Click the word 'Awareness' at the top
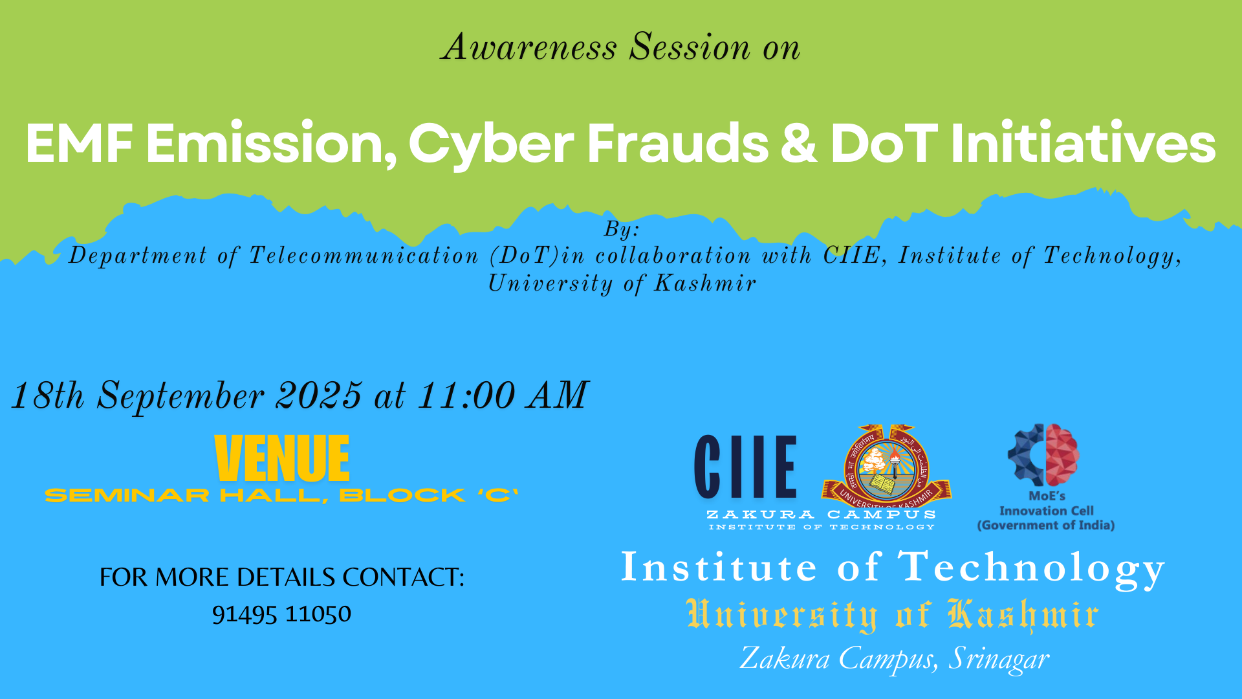(x=528, y=47)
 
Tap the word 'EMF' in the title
(x=80, y=143)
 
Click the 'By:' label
(x=622, y=229)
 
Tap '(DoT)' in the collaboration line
(x=524, y=256)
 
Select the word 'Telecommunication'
(x=364, y=256)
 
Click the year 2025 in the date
(x=319, y=395)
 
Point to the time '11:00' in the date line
(x=466, y=395)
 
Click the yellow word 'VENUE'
(x=282, y=458)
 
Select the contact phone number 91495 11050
(x=281, y=614)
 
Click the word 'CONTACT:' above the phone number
(x=404, y=577)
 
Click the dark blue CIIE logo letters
(x=745, y=466)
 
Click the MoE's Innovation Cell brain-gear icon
(x=1043, y=454)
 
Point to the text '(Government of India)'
(x=1046, y=525)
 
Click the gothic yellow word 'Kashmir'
(x=1023, y=615)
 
